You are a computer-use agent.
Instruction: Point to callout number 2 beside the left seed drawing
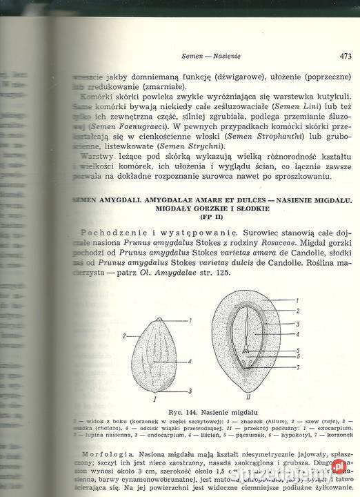123,335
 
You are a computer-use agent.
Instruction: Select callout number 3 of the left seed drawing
190,391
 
